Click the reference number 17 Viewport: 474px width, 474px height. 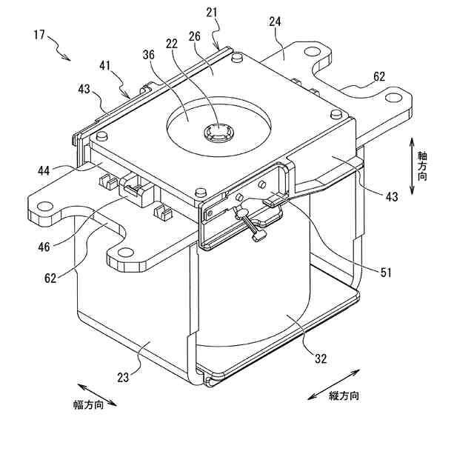point(39,34)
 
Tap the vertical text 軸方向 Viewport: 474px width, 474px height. point(422,167)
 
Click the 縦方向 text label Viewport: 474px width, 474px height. point(344,396)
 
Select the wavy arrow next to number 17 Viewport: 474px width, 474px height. point(60,50)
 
